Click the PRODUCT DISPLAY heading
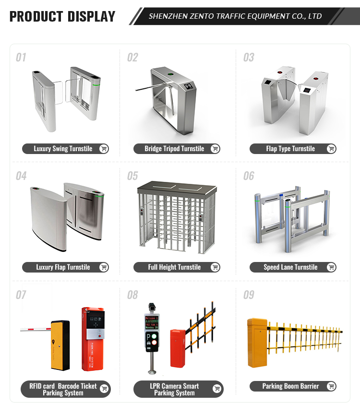click(x=62, y=16)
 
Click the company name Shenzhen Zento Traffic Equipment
click(x=235, y=16)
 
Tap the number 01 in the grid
click(x=21, y=58)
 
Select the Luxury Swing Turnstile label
click(x=63, y=149)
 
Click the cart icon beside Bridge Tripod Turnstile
click(x=215, y=149)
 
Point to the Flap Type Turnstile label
click(x=290, y=149)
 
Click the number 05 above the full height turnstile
click(x=132, y=176)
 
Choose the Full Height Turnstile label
click(x=174, y=267)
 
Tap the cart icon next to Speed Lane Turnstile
click(x=331, y=267)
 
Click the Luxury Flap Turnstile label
click(x=63, y=267)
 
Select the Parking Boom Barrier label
click(x=290, y=386)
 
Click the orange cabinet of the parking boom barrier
click(x=257, y=343)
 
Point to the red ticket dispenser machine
click(x=93, y=338)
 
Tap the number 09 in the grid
click(x=249, y=295)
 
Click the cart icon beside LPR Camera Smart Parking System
click(x=217, y=389)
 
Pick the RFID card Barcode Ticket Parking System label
click(x=63, y=389)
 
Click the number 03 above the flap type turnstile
click(x=249, y=58)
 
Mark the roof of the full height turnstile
click(x=174, y=188)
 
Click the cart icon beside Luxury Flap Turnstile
click(x=103, y=267)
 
